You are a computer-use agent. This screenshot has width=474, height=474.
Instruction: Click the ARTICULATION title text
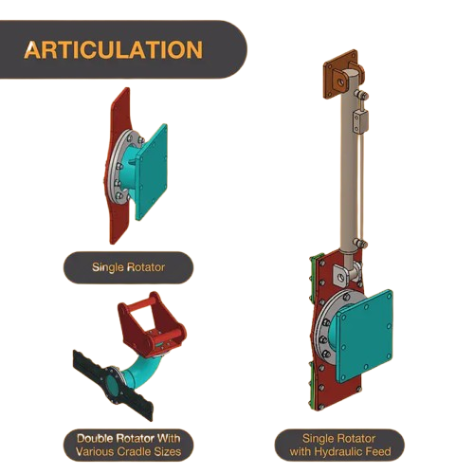[113, 50]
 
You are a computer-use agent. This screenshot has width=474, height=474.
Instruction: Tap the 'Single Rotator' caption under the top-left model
[128, 267]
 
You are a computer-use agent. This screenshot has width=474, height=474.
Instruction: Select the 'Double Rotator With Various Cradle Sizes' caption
[128, 445]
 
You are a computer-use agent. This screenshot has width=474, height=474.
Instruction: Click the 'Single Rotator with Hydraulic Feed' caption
[340, 445]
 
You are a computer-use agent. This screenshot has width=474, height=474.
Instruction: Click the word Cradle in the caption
[137, 451]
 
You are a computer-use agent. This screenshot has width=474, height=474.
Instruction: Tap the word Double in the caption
[95, 439]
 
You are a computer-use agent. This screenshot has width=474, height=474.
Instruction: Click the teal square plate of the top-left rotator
[151, 173]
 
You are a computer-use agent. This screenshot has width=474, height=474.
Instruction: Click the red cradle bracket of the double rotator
[151, 325]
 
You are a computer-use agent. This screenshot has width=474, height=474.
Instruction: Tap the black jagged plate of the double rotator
[113, 384]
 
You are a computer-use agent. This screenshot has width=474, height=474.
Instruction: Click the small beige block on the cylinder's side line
[360, 120]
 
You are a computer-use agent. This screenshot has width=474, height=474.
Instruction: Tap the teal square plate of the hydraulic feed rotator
[365, 335]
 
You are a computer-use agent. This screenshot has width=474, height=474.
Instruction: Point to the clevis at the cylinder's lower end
[347, 274]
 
